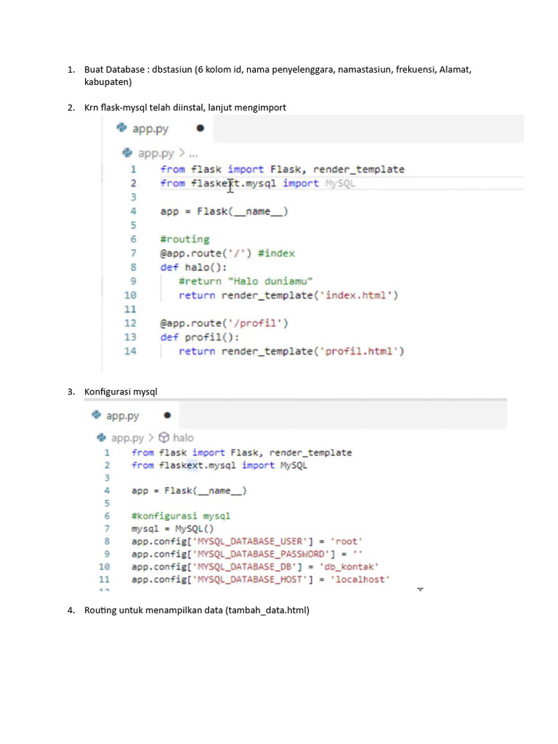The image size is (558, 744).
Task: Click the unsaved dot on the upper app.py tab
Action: pos(201,128)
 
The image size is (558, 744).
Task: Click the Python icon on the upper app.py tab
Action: pos(121,128)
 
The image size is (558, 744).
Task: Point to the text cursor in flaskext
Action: pos(230,185)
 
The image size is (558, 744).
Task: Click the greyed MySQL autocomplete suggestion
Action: pos(340,184)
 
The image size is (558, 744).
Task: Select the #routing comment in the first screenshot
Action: pos(185,239)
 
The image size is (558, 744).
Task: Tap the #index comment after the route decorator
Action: pos(276,254)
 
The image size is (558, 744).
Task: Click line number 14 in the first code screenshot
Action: pos(130,351)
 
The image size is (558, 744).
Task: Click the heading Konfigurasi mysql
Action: pos(121,392)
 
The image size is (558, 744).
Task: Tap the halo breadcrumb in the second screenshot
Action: pos(183,437)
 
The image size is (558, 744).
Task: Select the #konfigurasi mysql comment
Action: pos(181,516)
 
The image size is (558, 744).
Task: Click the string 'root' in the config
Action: pos(347,541)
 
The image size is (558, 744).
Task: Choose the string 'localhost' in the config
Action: pos(360,579)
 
